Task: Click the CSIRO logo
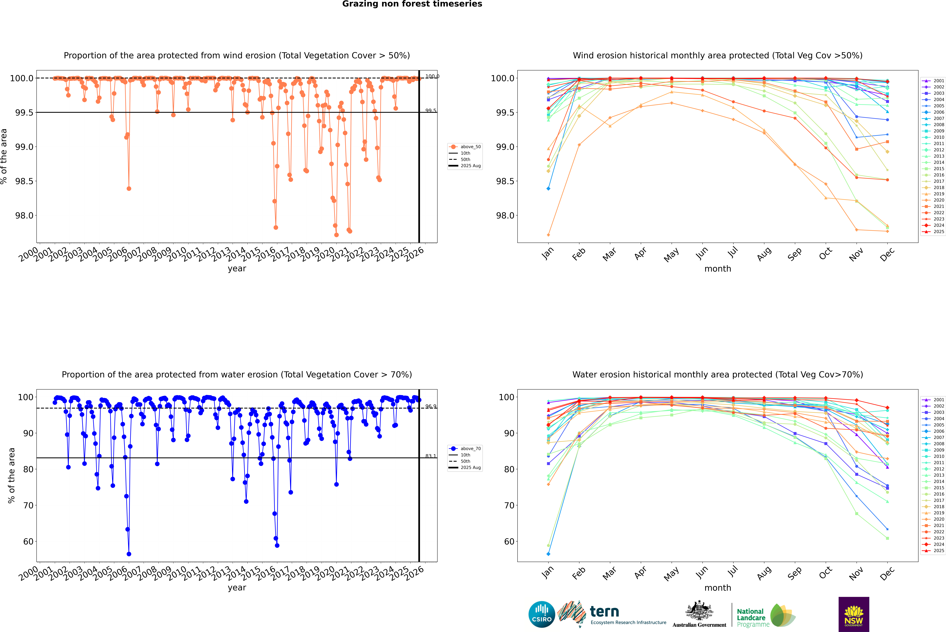click(x=542, y=614)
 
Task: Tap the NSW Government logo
click(x=854, y=614)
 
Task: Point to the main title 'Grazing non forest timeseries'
click(x=412, y=4)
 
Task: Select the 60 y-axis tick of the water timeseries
click(x=28, y=541)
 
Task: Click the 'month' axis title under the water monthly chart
click(x=717, y=588)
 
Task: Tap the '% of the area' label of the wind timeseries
click(x=4, y=156)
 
